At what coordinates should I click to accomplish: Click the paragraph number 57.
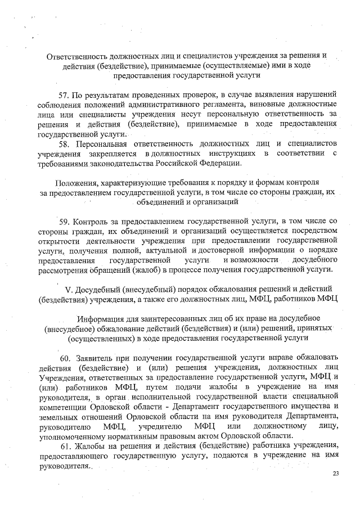(65, 93)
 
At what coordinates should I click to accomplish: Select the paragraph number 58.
(65, 145)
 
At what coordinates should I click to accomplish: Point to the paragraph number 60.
(65, 358)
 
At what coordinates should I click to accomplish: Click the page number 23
(336, 474)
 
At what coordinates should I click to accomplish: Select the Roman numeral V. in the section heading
(70, 290)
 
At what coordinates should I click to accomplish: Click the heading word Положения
(77, 182)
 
